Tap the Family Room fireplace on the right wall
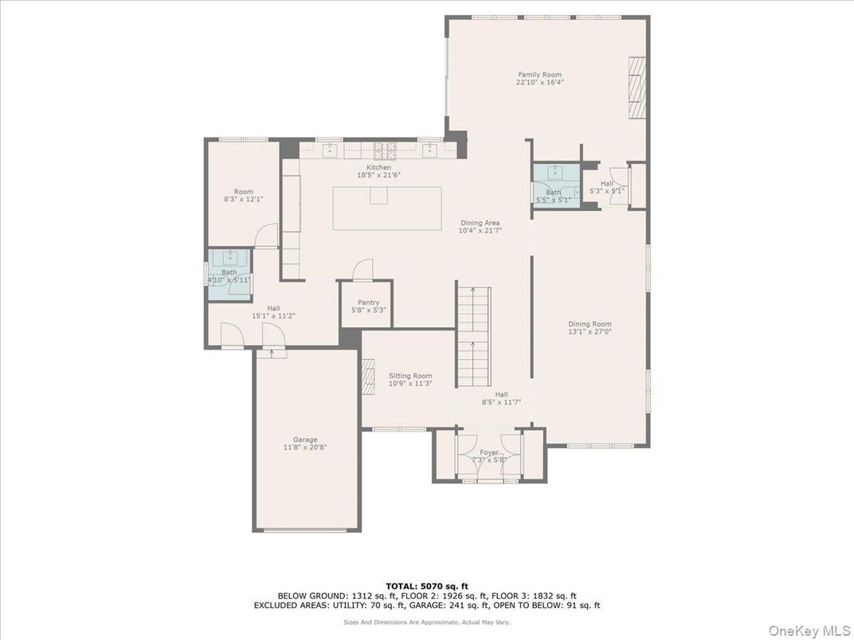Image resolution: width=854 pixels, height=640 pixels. point(637,88)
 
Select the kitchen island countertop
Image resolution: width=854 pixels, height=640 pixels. point(387,209)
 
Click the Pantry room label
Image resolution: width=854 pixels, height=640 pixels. point(368,302)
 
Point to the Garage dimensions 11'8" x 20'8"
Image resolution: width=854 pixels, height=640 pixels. point(305,447)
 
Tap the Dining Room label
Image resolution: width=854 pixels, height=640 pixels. point(590,324)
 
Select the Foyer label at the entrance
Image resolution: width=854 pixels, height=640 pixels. point(488,452)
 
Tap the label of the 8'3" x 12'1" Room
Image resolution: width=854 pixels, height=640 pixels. point(244,192)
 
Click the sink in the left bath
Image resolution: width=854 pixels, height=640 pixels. point(230,257)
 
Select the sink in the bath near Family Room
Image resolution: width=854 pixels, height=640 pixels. point(554,172)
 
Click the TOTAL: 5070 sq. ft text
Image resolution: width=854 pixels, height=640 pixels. point(427,585)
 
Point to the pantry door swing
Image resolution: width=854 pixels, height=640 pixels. point(362,269)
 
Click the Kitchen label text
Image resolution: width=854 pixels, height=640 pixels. point(378,167)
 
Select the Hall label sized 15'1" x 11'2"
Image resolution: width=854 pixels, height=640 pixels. point(273,308)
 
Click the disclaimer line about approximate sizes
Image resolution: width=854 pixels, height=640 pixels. point(427,622)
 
